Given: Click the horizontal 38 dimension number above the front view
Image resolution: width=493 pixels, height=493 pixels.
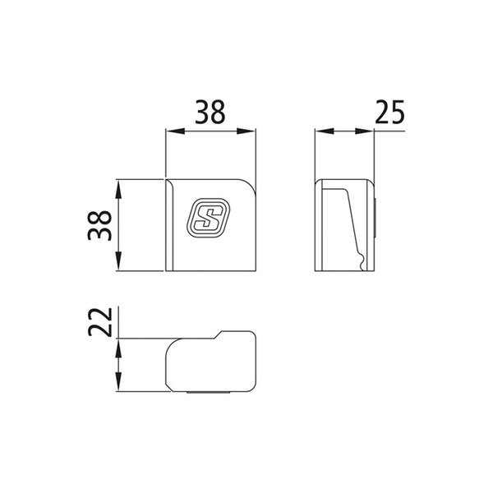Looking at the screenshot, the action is coord(210,112).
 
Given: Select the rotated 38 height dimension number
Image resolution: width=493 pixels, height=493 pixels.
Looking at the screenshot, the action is coord(99,225).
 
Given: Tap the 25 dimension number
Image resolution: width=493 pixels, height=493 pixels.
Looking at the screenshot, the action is coord(389,112).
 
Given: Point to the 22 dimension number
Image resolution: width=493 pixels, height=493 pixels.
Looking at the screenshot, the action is coord(100,321).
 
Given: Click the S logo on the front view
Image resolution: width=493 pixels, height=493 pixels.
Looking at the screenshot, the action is coord(209,217).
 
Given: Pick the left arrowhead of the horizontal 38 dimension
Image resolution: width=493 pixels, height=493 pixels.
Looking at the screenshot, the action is coord(175,131).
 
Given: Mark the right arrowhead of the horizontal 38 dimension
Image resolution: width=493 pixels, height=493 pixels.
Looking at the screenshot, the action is coord(246,131).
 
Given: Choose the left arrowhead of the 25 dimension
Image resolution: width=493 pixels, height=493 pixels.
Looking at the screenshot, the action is coord(325,131).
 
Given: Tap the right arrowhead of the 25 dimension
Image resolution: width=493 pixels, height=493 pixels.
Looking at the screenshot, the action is coord(364,131).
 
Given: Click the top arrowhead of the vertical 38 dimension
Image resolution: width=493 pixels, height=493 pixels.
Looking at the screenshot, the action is coord(118,189).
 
